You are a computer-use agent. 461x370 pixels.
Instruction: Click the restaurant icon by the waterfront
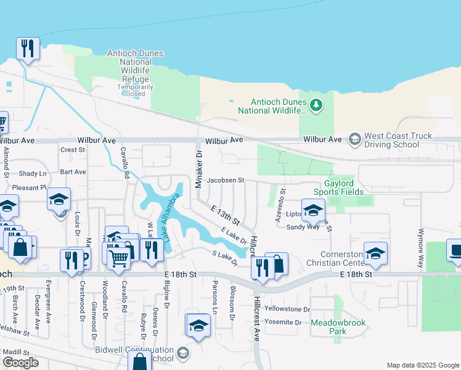[28, 49]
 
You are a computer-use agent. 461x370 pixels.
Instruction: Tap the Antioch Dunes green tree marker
[316, 105]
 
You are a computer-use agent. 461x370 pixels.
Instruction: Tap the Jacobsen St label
[226, 181]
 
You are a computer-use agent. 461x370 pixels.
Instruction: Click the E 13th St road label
[225, 216]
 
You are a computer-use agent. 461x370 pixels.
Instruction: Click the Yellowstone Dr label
[287, 308]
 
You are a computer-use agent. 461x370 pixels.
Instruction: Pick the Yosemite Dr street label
[283, 322]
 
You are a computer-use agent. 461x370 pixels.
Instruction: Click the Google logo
[20, 363]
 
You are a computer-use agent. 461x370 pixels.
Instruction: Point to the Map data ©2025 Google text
[422, 365]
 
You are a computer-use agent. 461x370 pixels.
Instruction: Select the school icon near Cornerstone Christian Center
[375, 253]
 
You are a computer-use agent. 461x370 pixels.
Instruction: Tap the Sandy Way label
[303, 227]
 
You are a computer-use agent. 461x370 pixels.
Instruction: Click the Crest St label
[72, 150]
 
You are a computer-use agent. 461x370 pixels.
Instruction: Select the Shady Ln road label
[33, 174]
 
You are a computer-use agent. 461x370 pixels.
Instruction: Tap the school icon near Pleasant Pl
[59, 199]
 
